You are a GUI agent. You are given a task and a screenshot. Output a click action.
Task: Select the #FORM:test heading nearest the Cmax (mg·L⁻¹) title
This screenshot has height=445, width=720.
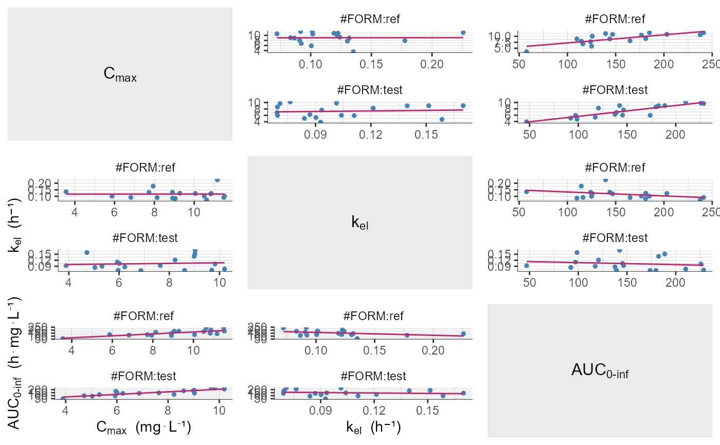(145, 376)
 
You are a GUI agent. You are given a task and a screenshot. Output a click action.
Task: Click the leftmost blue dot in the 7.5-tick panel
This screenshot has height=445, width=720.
(527, 51)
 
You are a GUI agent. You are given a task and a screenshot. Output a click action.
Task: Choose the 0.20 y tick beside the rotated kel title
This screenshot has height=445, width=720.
(40, 183)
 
